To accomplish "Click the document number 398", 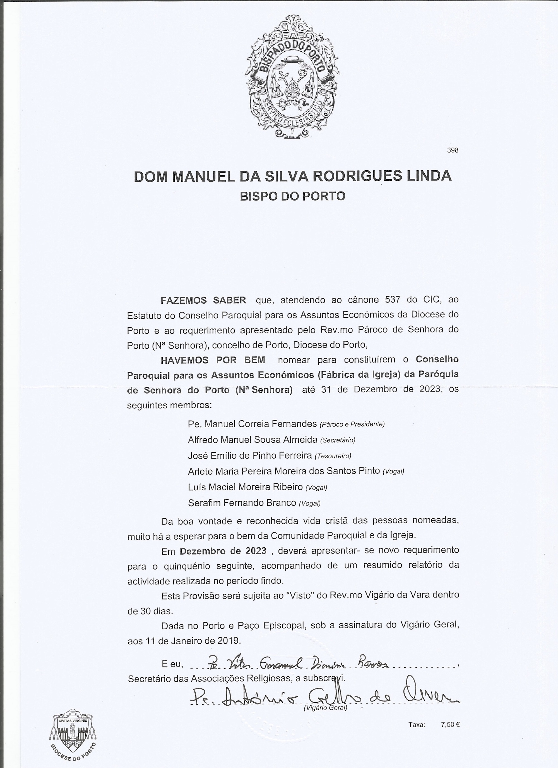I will click(x=453, y=150).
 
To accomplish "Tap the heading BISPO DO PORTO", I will click(x=292, y=196).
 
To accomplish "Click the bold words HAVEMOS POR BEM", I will click(x=213, y=360).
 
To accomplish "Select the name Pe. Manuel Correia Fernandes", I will click(x=252, y=424).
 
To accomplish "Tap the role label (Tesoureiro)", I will click(x=333, y=456).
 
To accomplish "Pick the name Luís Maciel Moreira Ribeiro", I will click(x=245, y=487).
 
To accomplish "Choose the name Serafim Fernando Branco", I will click(x=242, y=503).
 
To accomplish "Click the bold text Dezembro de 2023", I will click(x=223, y=551).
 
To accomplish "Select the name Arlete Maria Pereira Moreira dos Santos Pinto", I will click(x=284, y=471).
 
